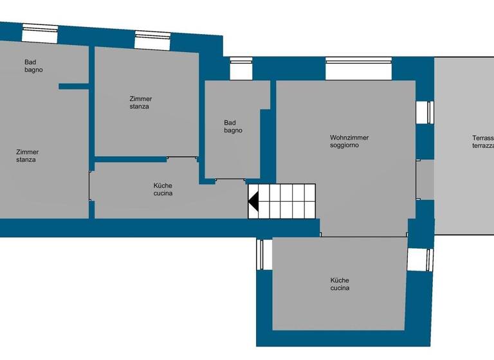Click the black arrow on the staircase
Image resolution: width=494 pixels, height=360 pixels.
tap(254, 201)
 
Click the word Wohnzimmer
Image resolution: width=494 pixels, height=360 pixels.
tap(349, 138)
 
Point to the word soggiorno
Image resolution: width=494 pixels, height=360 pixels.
tap(345, 145)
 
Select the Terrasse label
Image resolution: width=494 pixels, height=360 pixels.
tap(482, 138)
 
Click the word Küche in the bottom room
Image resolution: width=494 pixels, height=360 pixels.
tap(340, 280)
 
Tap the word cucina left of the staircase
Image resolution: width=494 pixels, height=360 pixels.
tap(163, 193)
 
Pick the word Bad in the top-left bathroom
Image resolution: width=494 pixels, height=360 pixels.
tap(30, 62)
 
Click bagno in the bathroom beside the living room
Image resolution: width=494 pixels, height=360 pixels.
tap(233, 130)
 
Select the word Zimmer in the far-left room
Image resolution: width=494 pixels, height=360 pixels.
tap(28, 152)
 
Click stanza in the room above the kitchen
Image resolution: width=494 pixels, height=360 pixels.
tap(139, 106)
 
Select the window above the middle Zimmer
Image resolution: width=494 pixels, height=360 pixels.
tap(152, 40)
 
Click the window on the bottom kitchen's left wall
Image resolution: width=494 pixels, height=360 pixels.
tap(261, 255)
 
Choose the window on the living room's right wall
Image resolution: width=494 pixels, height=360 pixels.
tap(425, 112)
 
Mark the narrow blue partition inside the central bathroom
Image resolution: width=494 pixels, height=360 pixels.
tap(266, 144)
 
